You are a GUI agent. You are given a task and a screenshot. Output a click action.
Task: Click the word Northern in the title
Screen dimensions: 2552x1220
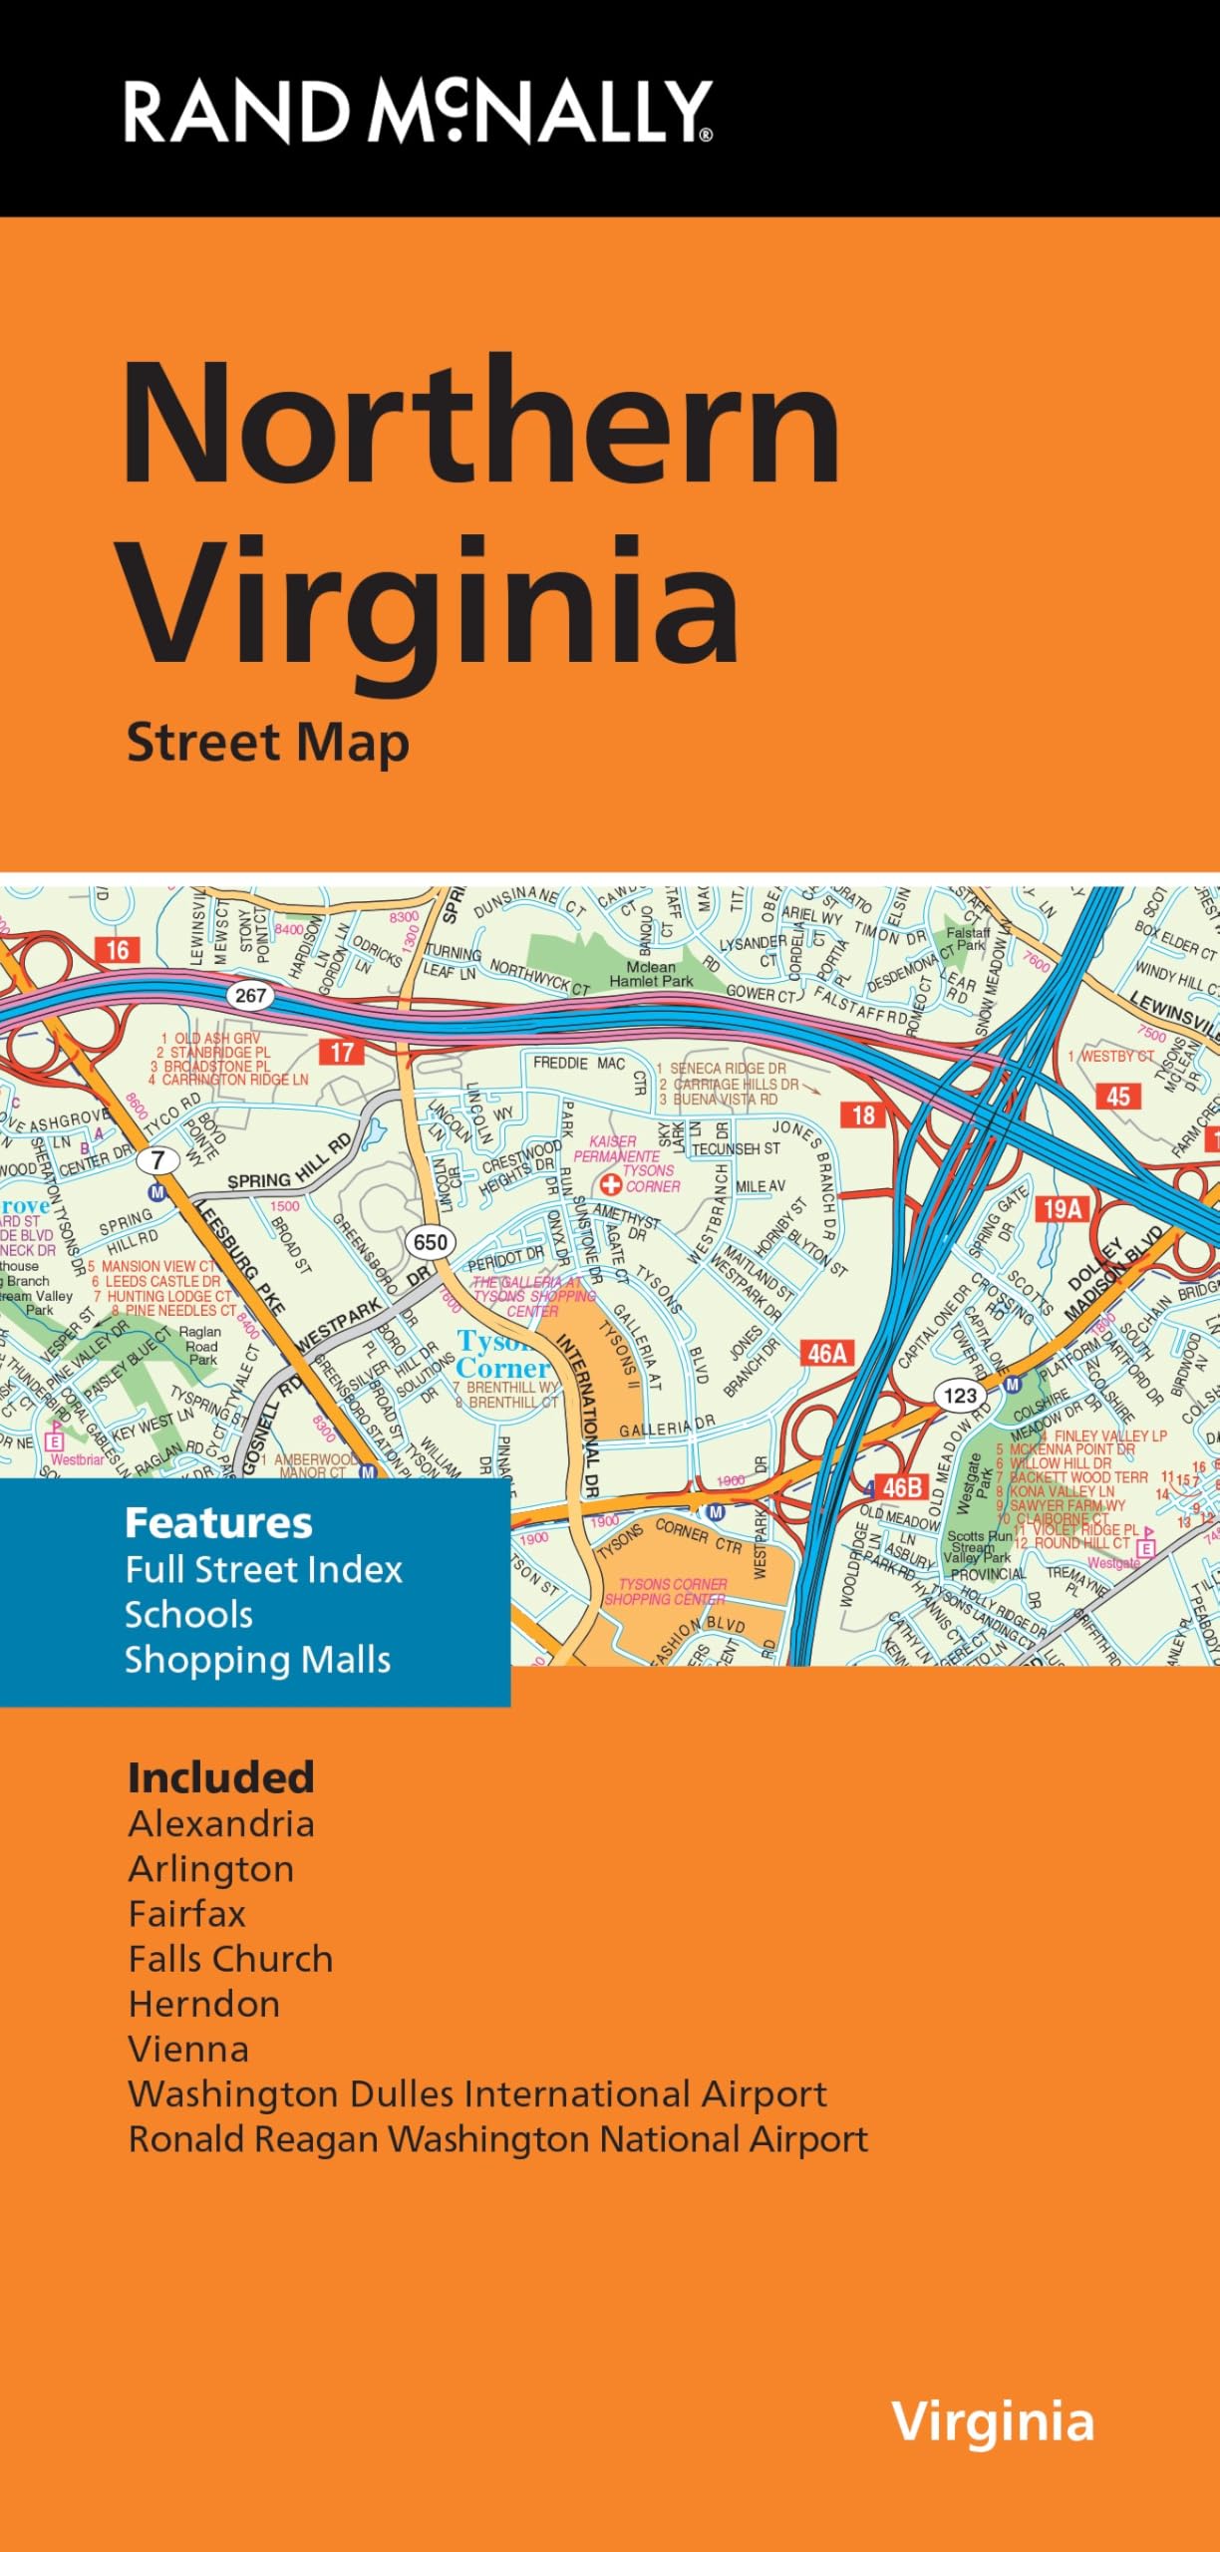[x=480, y=423]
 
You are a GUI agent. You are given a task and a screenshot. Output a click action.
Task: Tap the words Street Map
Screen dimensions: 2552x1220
[x=267, y=744]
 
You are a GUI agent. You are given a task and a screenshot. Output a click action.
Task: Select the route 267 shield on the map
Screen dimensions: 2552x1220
[x=250, y=995]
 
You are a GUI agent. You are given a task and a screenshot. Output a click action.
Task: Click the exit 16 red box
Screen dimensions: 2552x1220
[x=118, y=950]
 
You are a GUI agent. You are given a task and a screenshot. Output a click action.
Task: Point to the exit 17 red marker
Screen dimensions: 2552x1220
[x=342, y=1052]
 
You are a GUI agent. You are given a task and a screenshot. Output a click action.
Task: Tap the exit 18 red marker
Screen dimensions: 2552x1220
[x=863, y=1115]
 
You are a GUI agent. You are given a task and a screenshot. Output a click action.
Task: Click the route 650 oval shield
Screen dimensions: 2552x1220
[x=431, y=1242]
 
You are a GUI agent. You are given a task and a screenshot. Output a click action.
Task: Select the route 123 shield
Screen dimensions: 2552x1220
[x=960, y=1396]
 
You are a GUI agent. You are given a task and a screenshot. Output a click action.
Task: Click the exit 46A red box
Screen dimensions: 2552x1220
[x=826, y=1353]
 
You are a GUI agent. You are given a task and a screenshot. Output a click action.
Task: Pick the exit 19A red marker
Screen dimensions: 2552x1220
[x=1063, y=1209]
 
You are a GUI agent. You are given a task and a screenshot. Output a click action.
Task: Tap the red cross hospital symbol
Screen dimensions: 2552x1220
[x=610, y=1185]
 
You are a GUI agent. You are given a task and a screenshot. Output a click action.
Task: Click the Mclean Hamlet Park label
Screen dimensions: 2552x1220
[x=651, y=974]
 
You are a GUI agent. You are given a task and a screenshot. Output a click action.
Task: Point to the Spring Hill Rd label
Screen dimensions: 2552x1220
[x=289, y=1163]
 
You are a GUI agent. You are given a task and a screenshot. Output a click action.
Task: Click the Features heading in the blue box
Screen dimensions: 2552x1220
[x=218, y=1523]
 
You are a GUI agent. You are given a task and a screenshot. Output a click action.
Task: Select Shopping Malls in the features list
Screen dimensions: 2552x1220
[x=257, y=1660]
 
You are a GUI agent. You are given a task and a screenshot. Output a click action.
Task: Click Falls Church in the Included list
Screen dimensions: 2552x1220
[x=230, y=1959]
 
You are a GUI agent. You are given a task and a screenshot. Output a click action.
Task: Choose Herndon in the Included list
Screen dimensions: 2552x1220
[x=204, y=2004]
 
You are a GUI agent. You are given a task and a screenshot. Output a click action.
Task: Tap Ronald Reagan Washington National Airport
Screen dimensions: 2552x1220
[x=497, y=2139]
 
